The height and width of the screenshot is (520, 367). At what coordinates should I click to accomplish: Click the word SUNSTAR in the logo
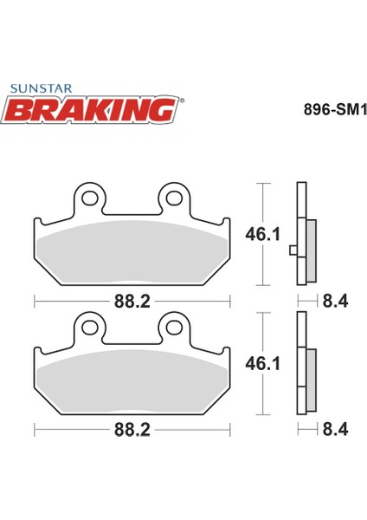pos(40,88)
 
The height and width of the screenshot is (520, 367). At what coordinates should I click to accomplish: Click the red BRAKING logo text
pos(94,107)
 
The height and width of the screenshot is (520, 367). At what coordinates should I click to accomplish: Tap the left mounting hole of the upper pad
pos(88,198)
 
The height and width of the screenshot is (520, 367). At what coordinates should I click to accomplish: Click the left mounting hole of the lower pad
pos(88,327)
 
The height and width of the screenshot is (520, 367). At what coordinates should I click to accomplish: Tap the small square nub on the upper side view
pos(293,251)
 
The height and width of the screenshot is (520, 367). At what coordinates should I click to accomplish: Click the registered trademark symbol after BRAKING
pos(179,99)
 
